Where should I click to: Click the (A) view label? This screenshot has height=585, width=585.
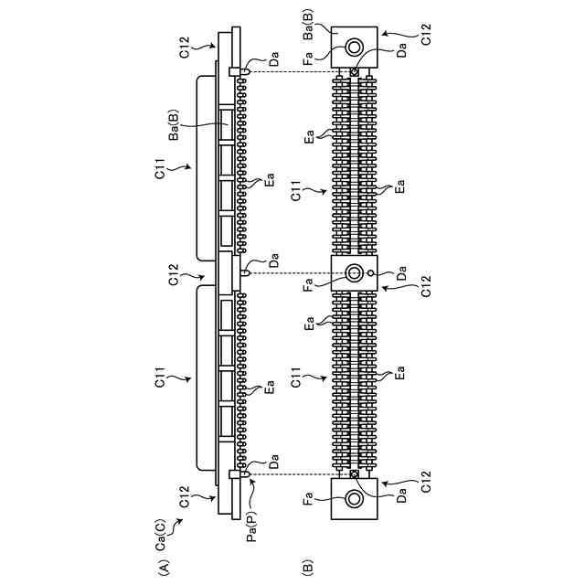click(x=165, y=568)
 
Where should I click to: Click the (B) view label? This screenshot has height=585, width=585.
click(x=307, y=568)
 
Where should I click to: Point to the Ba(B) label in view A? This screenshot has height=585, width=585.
click(x=175, y=125)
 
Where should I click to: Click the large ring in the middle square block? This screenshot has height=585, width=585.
click(x=354, y=273)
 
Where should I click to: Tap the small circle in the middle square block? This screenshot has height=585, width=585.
click(x=370, y=273)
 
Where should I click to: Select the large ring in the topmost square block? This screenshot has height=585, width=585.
click(x=354, y=48)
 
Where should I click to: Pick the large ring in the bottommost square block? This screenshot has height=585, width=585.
click(x=354, y=499)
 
